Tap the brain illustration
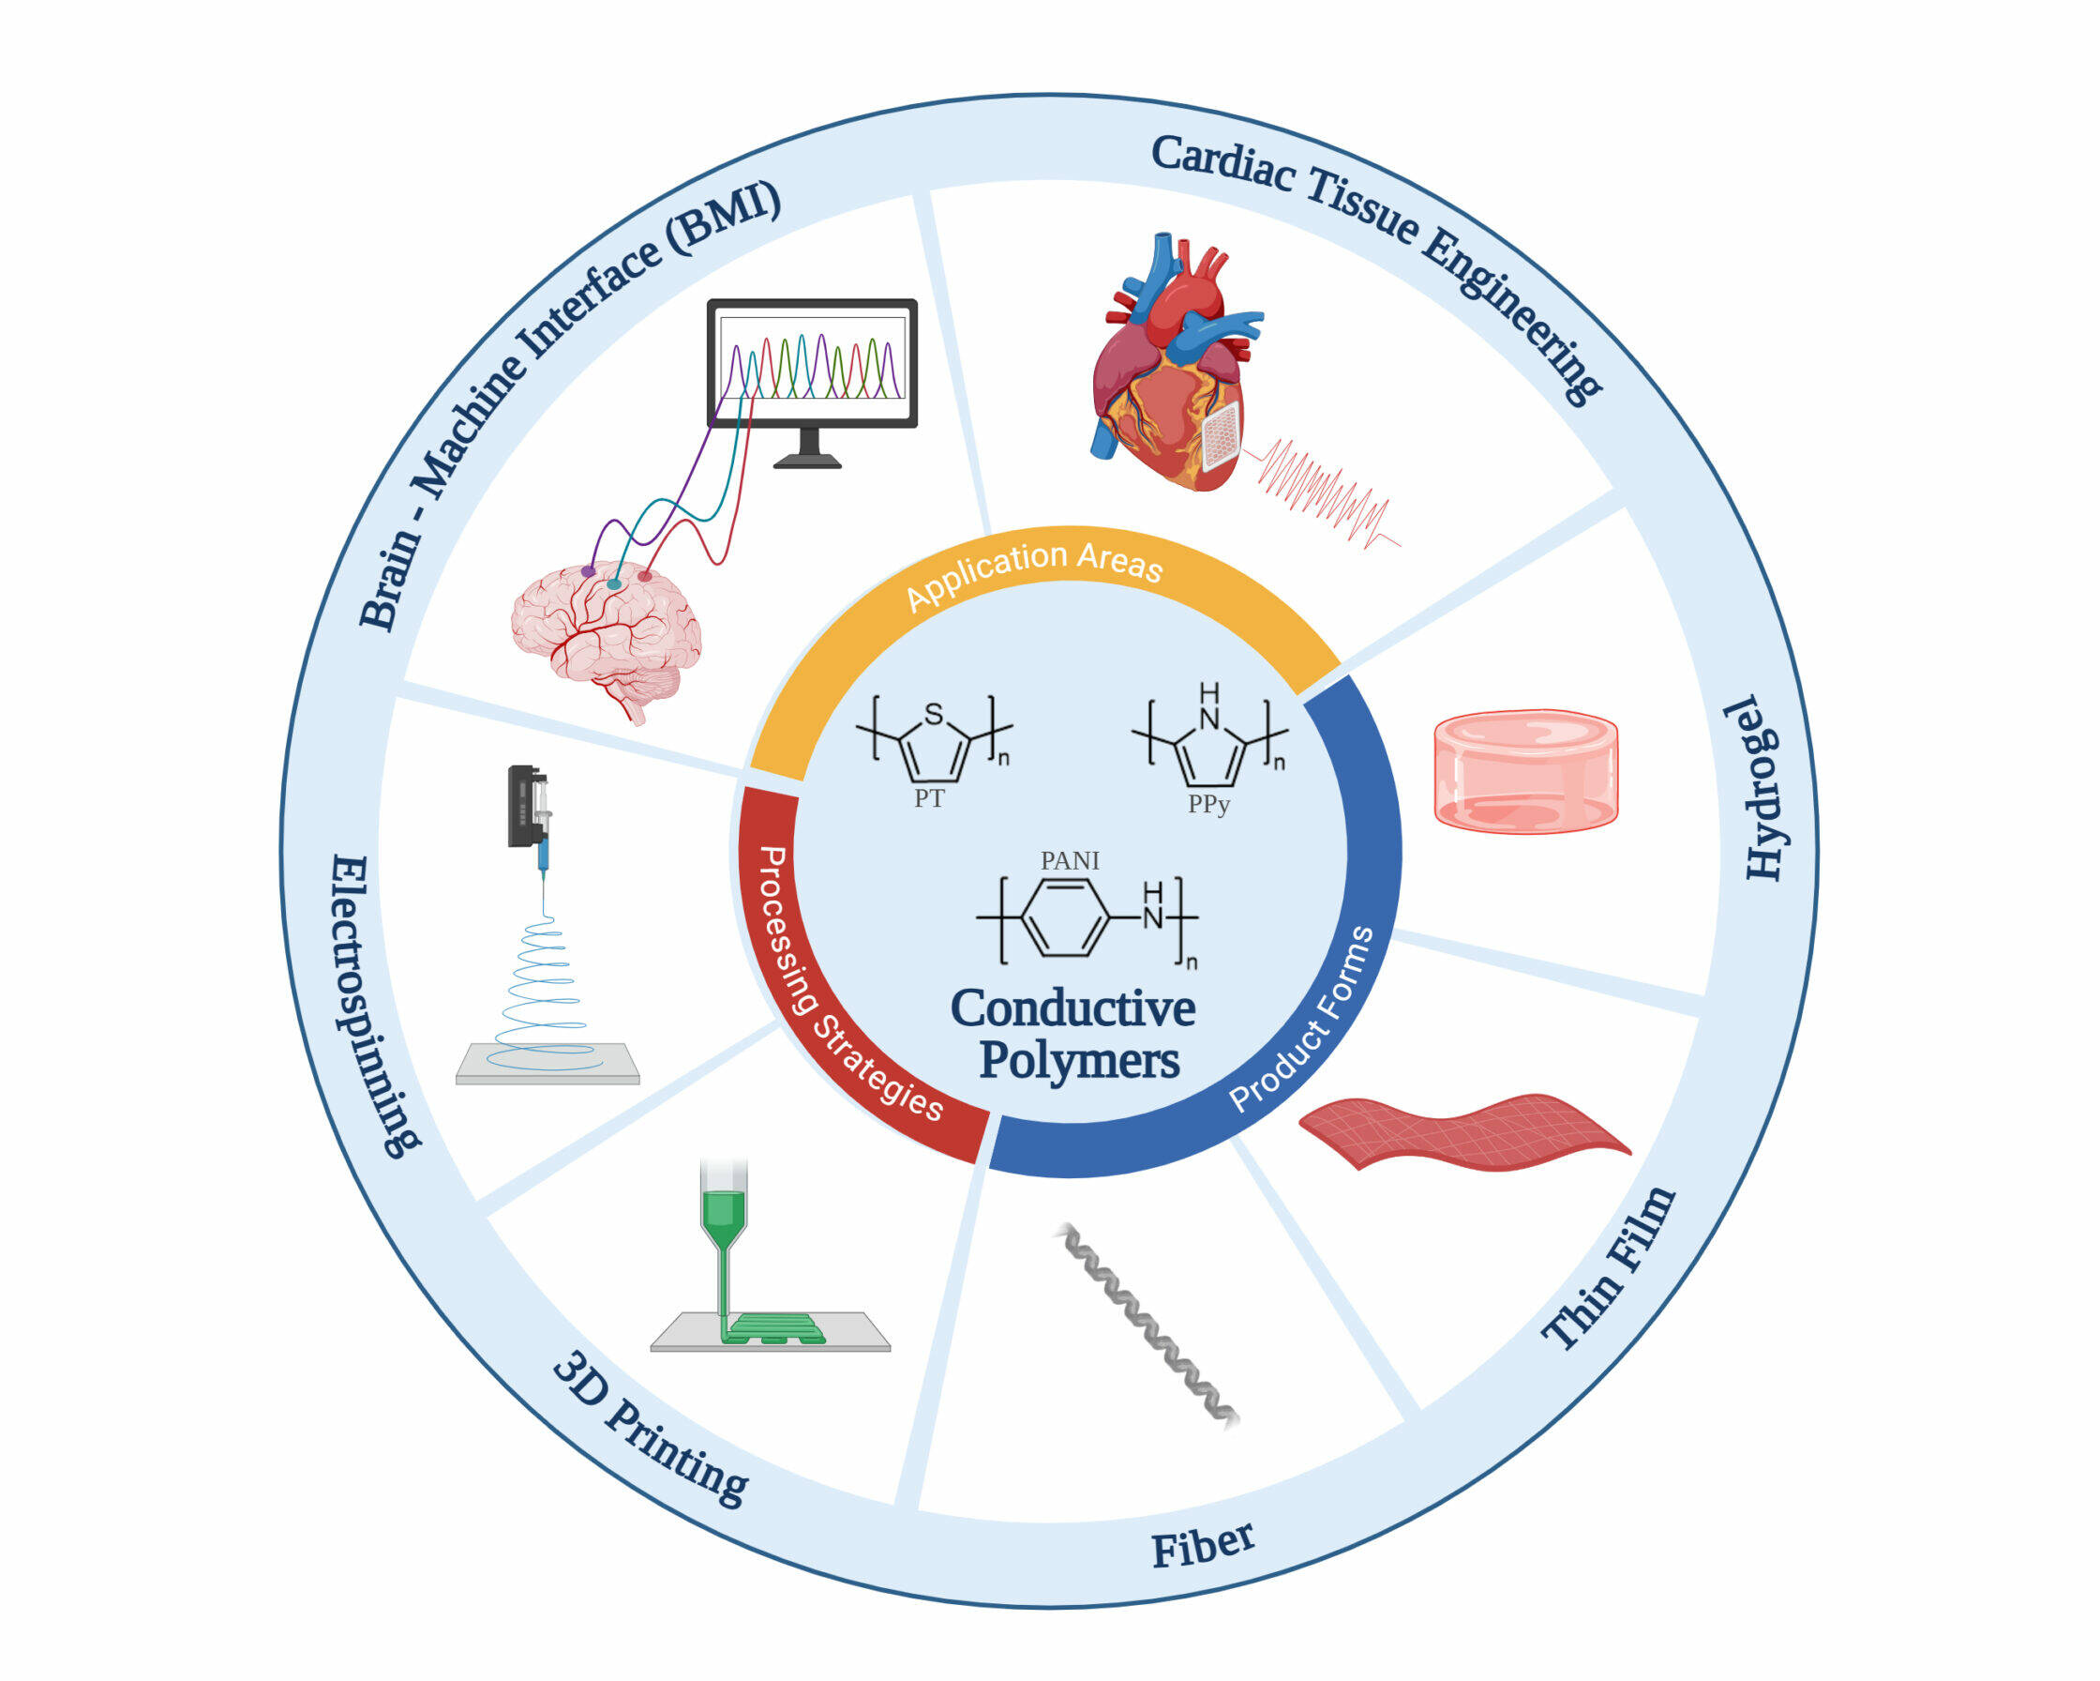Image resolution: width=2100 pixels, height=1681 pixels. pos(606,633)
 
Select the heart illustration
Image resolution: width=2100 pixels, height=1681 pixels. pos(1169,371)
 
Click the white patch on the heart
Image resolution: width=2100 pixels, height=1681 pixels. pos(1221,434)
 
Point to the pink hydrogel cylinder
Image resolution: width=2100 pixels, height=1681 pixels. pos(1525,771)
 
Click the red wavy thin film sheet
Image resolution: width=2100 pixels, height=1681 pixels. pos(1461,1130)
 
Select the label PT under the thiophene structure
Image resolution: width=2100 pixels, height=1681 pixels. pos(928,799)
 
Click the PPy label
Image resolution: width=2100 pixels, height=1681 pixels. pos(1207,804)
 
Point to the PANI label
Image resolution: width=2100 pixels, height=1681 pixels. pos(1070,860)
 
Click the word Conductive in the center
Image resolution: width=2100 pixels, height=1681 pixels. pos(1072,1008)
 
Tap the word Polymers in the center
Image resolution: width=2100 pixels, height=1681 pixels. pos(1079,1060)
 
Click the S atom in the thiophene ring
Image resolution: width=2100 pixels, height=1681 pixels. pos(934,714)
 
